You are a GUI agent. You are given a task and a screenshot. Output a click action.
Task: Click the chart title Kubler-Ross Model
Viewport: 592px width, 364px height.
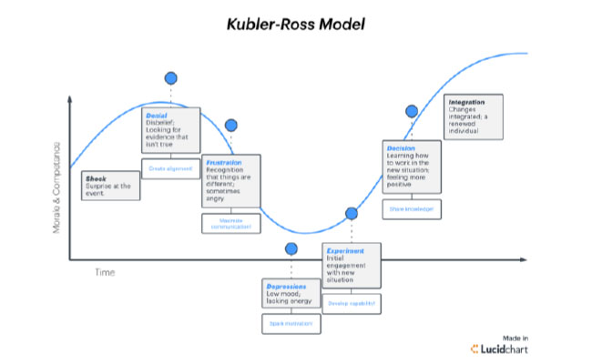tap(295, 24)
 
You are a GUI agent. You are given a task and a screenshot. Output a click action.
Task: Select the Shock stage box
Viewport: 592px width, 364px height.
tap(111, 186)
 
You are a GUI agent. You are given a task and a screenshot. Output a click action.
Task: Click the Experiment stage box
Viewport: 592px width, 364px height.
tap(351, 268)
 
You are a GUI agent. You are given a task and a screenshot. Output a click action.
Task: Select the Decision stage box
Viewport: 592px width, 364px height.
tap(411, 168)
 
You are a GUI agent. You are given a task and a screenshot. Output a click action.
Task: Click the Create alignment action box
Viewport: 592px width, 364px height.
tap(170, 168)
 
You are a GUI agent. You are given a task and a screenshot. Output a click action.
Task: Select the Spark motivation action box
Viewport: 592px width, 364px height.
tap(291, 323)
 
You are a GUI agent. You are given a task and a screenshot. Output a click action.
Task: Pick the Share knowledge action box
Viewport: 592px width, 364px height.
tap(411, 209)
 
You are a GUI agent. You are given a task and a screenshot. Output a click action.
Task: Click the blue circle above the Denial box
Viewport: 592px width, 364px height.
tap(170, 79)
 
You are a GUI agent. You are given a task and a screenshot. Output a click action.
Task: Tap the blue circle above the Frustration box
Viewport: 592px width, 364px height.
tap(231, 125)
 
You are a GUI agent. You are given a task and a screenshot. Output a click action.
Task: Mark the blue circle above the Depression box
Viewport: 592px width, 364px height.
tap(291, 248)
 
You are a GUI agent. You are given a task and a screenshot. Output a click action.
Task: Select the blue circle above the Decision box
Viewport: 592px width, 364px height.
tap(412, 111)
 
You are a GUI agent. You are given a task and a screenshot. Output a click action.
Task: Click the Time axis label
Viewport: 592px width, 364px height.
tap(106, 272)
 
